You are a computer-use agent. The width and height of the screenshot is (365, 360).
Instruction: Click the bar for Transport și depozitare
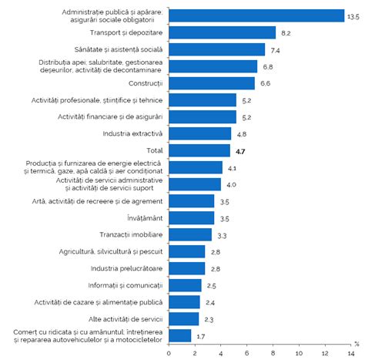[x=222, y=32]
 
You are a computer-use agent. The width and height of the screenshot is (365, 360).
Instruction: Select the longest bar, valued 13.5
[x=256, y=15]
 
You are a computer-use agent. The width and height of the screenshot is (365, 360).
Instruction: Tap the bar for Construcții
[x=212, y=83]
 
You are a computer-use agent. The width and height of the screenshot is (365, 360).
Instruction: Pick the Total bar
[x=199, y=150]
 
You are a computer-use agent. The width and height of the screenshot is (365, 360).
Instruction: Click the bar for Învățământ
[x=192, y=217]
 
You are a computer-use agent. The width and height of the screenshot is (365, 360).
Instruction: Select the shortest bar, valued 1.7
[x=180, y=335]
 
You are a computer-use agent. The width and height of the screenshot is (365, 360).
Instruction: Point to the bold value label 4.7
[x=241, y=151]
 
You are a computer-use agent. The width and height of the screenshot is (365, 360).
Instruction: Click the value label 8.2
[x=286, y=33]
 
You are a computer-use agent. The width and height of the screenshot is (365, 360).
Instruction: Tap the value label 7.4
[x=275, y=50]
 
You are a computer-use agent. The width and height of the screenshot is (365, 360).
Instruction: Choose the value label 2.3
[x=209, y=319]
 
